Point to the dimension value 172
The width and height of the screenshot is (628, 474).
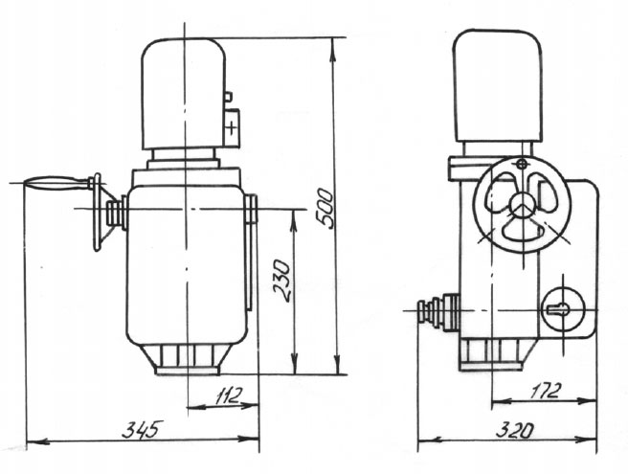pyautogui.click(x=548, y=391)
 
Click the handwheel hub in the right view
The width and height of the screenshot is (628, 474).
pyautogui.click(x=521, y=204)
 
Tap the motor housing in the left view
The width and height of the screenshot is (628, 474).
pyautogui.click(x=184, y=93)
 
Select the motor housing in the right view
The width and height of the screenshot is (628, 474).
pyautogui.click(x=496, y=86)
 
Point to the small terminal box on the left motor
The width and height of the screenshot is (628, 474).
pyautogui.click(x=232, y=124)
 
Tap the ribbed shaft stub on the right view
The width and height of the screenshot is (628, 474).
pyautogui.click(x=438, y=312)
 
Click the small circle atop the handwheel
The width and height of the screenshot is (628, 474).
pyautogui.click(x=521, y=165)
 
